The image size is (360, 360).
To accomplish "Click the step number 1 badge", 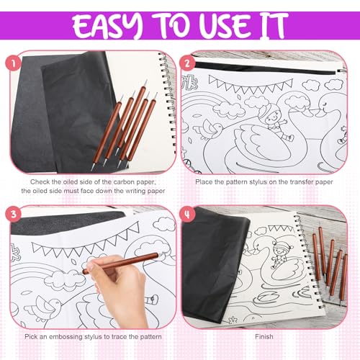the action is coord(14,63).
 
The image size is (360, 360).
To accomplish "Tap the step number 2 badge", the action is coord(187,63).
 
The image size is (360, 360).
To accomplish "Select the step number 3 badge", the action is coord(14,214).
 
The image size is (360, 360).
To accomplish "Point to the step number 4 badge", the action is coord(187,214).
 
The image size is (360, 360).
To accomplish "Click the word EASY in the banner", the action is coord(108,25).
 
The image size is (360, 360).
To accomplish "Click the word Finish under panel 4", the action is coord(264,337).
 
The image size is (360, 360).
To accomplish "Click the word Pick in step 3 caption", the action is coord(31,337).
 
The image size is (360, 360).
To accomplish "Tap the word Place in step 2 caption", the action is coord(204,182).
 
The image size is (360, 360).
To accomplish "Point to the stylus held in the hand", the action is coord(121,263).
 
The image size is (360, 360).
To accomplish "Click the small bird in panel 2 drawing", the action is coord(210,130).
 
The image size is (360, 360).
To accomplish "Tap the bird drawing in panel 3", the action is coord(45,308).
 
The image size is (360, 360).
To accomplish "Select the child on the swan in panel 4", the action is coord(280,255).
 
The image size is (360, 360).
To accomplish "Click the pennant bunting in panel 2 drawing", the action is coord(251,84).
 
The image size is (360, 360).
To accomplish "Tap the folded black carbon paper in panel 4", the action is coord(215,264).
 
